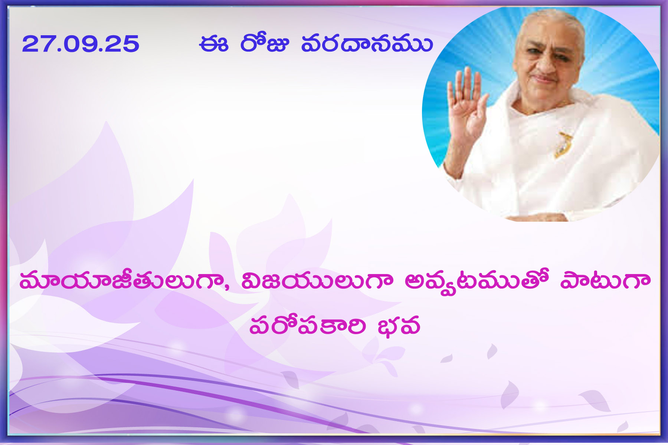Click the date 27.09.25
[x=81, y=44]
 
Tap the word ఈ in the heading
[x=213, y=44]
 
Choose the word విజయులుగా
[x=317, y=281]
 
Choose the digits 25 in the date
[x=124, y=44]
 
